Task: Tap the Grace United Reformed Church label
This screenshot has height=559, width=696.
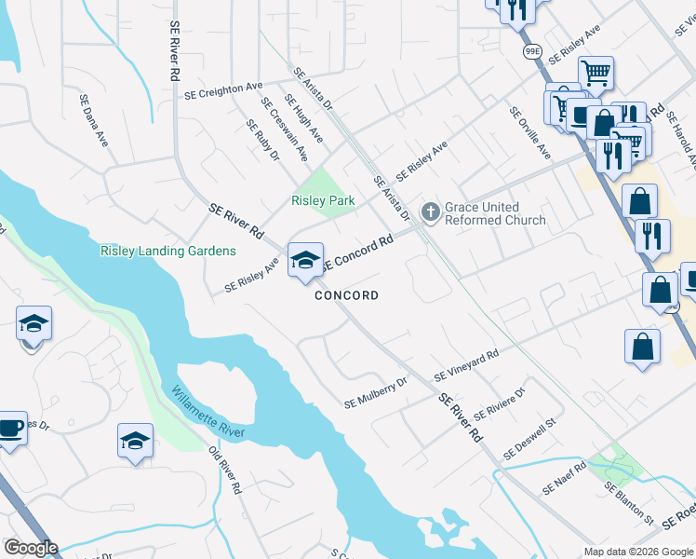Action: coord(494,213)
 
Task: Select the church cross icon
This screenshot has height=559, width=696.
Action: coord(430,212)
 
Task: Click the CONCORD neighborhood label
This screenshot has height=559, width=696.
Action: coord(346,295)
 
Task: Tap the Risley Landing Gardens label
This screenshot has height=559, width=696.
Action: coord(167,251)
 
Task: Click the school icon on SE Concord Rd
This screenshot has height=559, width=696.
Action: coord(305,261)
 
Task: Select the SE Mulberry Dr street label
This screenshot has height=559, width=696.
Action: coord(376,393)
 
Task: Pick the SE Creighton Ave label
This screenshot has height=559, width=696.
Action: coord(223,90)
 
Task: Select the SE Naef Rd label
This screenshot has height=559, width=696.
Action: coord(566,478)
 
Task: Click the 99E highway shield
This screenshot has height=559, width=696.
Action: coord(532,50)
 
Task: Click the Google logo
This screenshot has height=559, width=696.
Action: coord(30,548)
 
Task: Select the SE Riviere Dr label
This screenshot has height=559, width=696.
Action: coord(499,402)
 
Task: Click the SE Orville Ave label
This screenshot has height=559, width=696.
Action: coord(530,133)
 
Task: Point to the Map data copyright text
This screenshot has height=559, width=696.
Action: coord(637,552)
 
